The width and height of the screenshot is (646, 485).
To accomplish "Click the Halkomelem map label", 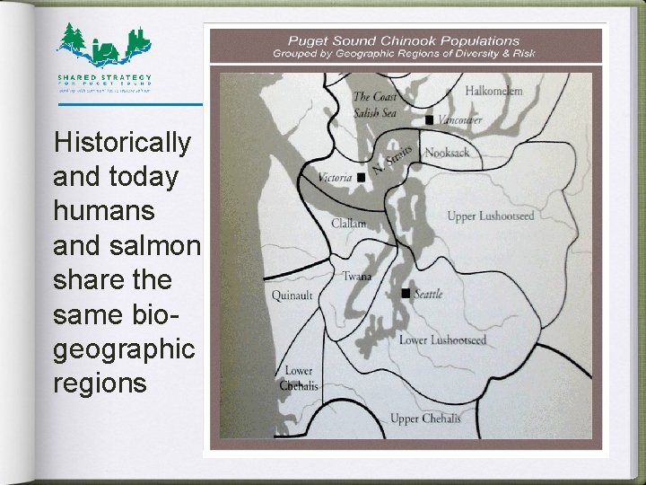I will click(493, 91).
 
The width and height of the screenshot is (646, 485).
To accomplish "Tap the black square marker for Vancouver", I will click(429, 119).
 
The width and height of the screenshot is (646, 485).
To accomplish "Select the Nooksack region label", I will click(446, 153).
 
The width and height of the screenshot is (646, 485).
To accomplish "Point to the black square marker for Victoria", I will click(361, 178).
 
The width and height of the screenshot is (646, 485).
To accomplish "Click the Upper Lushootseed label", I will click(490, 216).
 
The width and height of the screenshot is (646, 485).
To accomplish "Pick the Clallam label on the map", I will click(348, 224).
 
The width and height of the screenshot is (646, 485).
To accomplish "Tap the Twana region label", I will click(356, 277).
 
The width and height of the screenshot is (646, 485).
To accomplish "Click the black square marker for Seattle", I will click(406, 294).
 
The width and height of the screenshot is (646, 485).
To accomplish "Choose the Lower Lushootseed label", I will click(442, 339).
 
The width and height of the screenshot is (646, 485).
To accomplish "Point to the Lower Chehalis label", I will click(298, 378).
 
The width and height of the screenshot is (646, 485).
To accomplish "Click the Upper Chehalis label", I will click(425, 419).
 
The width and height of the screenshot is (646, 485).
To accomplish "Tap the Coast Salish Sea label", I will click(375, 104).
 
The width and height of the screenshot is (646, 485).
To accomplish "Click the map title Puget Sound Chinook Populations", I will click(403, 40).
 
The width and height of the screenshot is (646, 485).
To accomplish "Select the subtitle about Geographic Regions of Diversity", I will click(403, 53).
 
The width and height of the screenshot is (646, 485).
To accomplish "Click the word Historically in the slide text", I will click(122, 142).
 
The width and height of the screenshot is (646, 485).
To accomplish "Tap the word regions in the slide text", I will click(99, 383).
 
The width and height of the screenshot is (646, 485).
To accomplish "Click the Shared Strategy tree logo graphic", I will click(104, 44).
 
